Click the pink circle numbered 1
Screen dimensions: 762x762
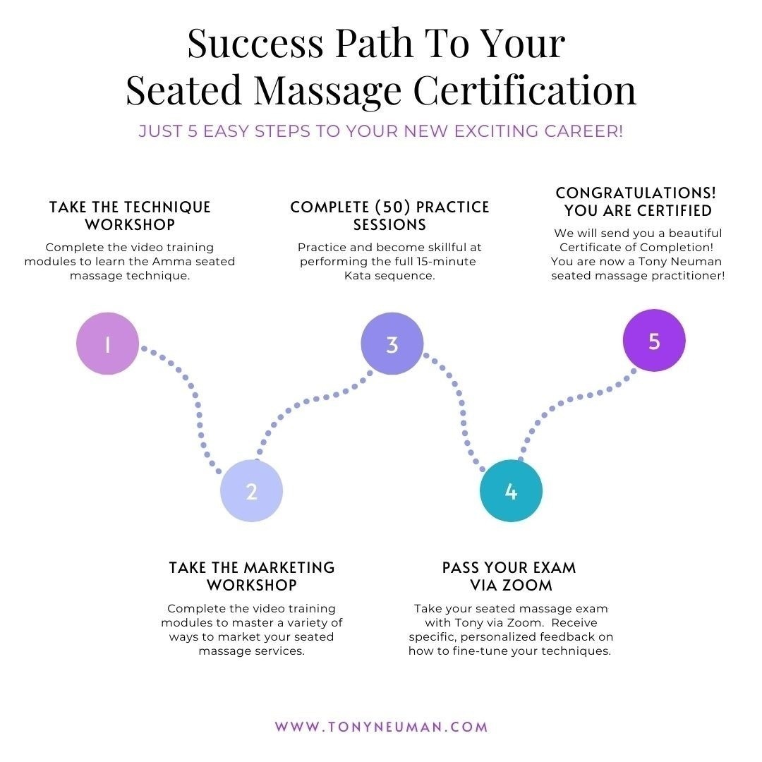tap(107, 344)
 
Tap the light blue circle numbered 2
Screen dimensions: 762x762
tap(251, 491)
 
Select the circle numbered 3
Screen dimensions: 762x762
tap(392, 344)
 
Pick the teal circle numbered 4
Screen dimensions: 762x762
tap(511, 491)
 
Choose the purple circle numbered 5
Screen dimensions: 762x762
tap(654, 340)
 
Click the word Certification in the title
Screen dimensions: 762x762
tap(525, 90)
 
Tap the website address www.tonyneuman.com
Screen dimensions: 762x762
tap(381, 727)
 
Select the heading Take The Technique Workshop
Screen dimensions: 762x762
tap(130, 216)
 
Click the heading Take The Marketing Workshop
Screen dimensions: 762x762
tap(252, 576)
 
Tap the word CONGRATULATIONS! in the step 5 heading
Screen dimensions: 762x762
tap(636, 193)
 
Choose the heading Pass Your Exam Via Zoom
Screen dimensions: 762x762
tap(509, 576)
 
